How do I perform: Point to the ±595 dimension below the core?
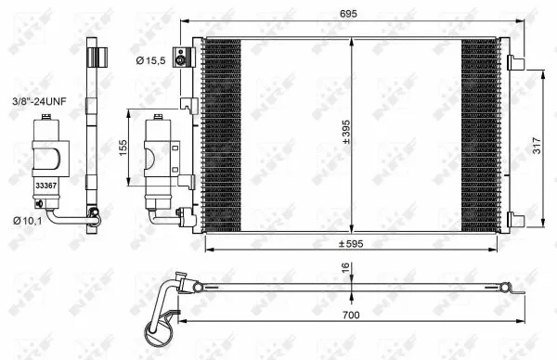click(x=351, y=244)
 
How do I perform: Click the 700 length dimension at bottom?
click(x=350, y=315)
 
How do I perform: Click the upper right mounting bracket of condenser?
click(x=513, y=62)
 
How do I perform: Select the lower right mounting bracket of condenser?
click(x=513, y=220)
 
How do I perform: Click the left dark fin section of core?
click(x=222, y=135)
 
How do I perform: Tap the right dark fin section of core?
click(x=479, y=135)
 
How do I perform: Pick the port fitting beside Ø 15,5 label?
click(x=188, y=58)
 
